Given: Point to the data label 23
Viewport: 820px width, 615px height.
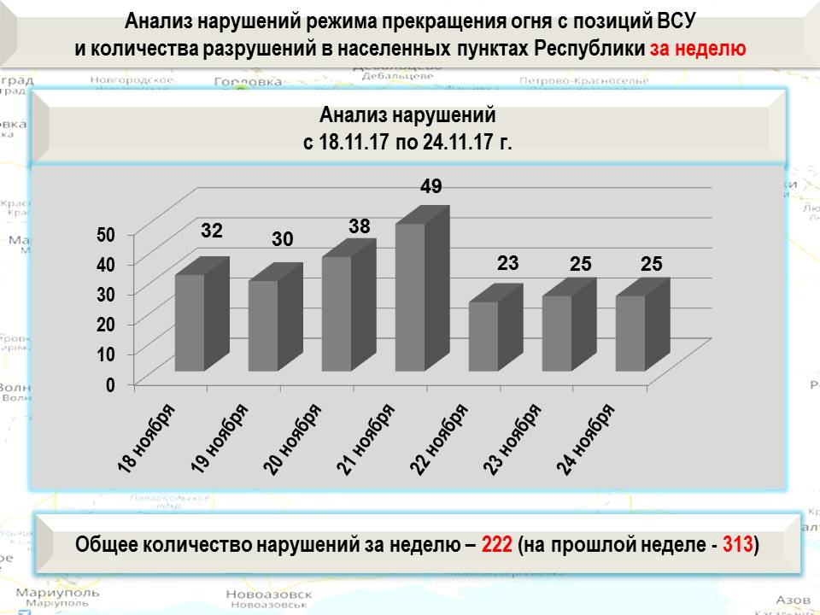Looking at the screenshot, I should [x=508, y=264].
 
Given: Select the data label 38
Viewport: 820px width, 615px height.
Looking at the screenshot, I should [x=360, y=227].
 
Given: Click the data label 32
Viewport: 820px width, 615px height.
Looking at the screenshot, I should [x=213, y=231].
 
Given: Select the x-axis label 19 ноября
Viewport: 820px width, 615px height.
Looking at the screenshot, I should [x=220, y=437].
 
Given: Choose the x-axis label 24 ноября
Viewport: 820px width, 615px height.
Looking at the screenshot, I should [x=587, y=437].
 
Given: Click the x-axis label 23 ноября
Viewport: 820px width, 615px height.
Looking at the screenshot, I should [x=513, y=437].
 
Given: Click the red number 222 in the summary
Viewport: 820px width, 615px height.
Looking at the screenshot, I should [x=497, y=544].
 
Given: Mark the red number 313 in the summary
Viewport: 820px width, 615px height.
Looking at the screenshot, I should [x=738, y=544].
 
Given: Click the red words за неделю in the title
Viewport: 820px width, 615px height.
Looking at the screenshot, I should [x=698, y=48].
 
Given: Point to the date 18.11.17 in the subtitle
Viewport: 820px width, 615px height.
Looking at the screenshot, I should [x=354, y=142].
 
